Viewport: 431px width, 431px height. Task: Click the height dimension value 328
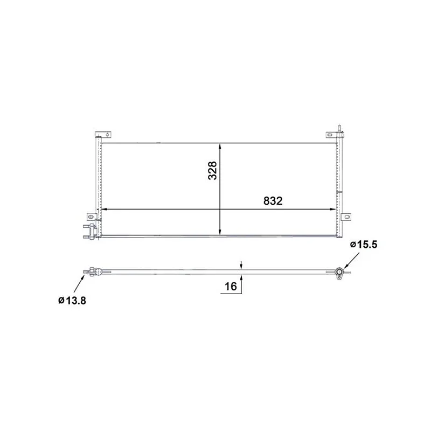point(212,171)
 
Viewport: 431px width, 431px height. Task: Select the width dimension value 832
point(273,201)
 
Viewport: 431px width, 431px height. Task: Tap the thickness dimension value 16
point(231,287)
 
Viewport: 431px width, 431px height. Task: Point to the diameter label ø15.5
point(364,245)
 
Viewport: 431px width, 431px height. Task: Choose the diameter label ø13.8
point(72,301)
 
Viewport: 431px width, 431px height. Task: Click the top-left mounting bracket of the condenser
point(103,135)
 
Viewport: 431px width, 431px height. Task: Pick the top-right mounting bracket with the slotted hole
point(332,135)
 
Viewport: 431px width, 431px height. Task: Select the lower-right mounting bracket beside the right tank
point(346,217)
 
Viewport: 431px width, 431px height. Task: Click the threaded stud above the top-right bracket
point(340,128)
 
